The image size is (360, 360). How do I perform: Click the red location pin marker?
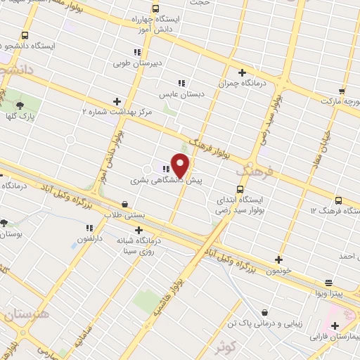[x=181, y=165]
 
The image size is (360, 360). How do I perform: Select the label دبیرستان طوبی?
[x=138, y=63]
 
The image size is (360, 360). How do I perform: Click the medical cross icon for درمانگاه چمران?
[x=243, y=72]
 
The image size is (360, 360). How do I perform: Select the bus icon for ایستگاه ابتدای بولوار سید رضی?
[x=240, y=188]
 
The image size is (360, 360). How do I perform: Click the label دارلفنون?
[x=89, y=238]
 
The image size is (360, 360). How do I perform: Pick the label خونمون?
[x=279, y=270]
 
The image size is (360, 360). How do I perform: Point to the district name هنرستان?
[x=25, y=315]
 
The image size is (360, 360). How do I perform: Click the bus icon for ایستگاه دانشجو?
[x=25, y=35]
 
